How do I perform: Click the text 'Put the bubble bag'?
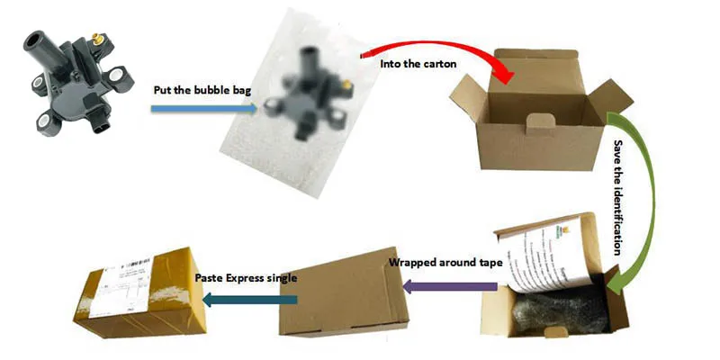(x=192, y=91)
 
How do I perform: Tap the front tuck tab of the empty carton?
(x=538, y=121)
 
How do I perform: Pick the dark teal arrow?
(x=238, y=299)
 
